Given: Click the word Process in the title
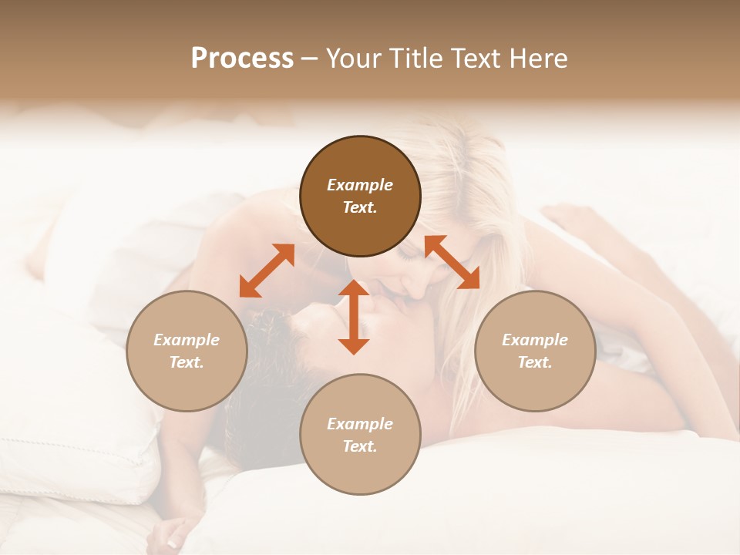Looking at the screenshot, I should [242, 59].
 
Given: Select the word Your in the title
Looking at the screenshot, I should [351, 59].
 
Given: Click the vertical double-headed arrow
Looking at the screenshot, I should [354, 317].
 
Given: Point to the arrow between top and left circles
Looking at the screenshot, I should [267, 271].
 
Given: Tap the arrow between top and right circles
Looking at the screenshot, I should [452, 262].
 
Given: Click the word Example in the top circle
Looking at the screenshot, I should [360, 185].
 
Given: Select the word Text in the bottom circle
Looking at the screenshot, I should [360, 446].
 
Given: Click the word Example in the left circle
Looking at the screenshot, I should [187, 340].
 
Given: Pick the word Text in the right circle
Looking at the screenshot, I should [535, 362].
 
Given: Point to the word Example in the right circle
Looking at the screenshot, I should [535, 340].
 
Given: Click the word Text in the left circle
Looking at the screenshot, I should [187, 362].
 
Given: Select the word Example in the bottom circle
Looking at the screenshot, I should [360, 424].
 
